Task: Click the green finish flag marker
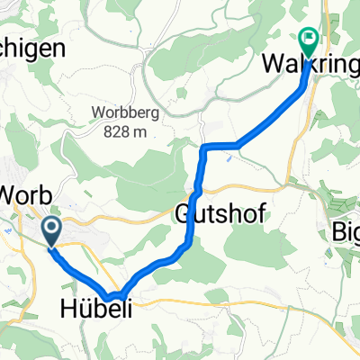[308, 40]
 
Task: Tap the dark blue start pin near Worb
[51, 230]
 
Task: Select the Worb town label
[28, 195]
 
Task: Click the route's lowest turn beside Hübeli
[112, 295]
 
